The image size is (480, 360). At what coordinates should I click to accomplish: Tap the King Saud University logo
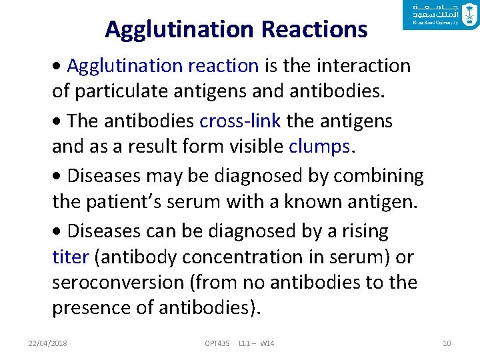(441, 15)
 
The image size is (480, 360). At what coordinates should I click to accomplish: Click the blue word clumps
(319, 146)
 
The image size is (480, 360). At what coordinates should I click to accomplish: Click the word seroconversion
(120, 283)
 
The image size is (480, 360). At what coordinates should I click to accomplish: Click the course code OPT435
(217, 343)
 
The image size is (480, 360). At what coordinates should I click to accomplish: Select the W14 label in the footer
(267, 343)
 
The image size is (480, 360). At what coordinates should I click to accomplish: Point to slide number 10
(447, 343)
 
